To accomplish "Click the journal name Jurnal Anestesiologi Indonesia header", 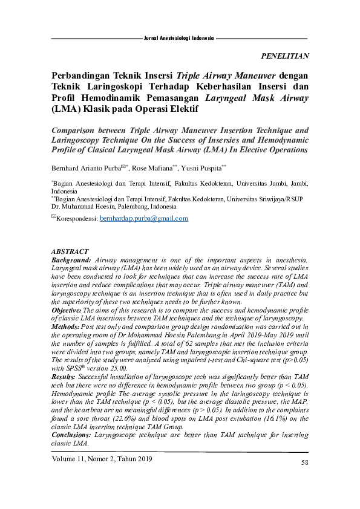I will [x=179, y=38].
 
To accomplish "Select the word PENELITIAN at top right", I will [x=284, y=56].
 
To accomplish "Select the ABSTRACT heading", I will [x=70, y=251].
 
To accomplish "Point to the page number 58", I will [x=305, y=462].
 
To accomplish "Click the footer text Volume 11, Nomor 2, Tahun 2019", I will [x=102, y=459].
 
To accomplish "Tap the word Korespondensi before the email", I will [x=77, y=219].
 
